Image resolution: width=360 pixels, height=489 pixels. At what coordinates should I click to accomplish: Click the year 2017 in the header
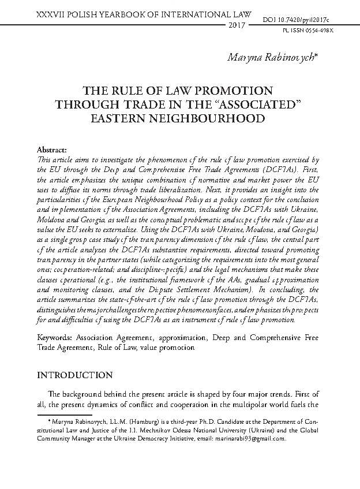[x=237, y=27]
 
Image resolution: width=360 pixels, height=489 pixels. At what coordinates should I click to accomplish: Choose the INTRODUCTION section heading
[x=74, y=375]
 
